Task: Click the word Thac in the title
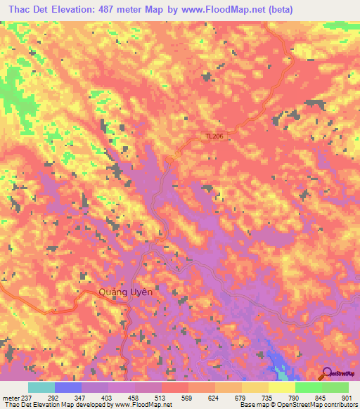coord(23,10)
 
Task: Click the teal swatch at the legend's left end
coord(41,387)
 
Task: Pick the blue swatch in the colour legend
coord(67,387)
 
